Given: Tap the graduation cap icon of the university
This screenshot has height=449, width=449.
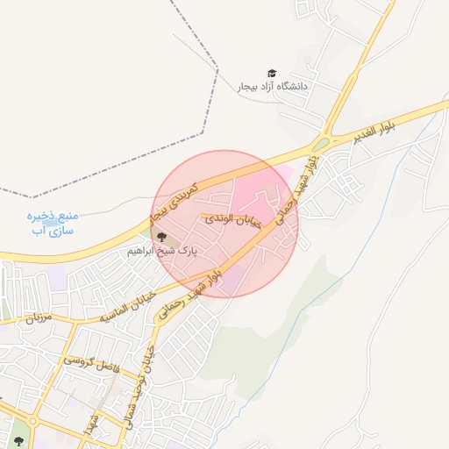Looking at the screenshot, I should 272,74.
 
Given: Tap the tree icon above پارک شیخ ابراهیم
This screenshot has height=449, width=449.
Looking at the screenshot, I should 160,235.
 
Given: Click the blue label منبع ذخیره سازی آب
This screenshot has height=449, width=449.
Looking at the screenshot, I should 53,224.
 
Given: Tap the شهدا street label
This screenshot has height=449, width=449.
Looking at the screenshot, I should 90,425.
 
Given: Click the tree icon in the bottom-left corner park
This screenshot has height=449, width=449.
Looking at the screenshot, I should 19,440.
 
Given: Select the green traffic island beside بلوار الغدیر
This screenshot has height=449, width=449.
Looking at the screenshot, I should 322,143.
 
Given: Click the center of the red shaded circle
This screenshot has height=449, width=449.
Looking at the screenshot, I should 224,224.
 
